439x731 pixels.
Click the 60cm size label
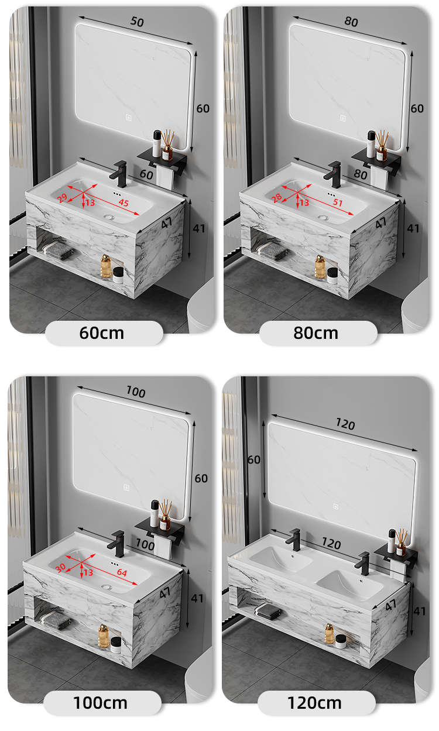[x=101, y=333]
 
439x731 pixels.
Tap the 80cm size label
[x=315, y=333]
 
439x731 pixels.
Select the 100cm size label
[x=101, y=703]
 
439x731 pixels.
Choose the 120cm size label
[x=315, y=703]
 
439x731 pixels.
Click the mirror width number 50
[x=137, y=22]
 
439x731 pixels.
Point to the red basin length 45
[x=124, y=203]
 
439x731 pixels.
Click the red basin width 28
[x=276, y=197]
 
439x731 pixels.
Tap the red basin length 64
[x=122, y=572]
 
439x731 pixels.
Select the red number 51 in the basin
[x=338, y=203]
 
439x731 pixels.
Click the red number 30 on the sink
[x=61, y=568]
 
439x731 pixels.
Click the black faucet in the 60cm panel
[x=119, y=174]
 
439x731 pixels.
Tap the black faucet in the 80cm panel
[x=333, y=174]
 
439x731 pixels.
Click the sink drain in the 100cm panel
[x=107, y=587]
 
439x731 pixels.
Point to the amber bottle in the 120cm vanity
[x=330, y=633]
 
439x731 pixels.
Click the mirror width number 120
[x=345, y=424]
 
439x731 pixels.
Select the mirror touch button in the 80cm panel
[x=343, y=118]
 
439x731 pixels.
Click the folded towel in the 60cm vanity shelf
[x=58, y=250]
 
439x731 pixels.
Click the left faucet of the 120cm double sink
[x=294, y=540]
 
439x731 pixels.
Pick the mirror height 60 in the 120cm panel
[x=254, y=459]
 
